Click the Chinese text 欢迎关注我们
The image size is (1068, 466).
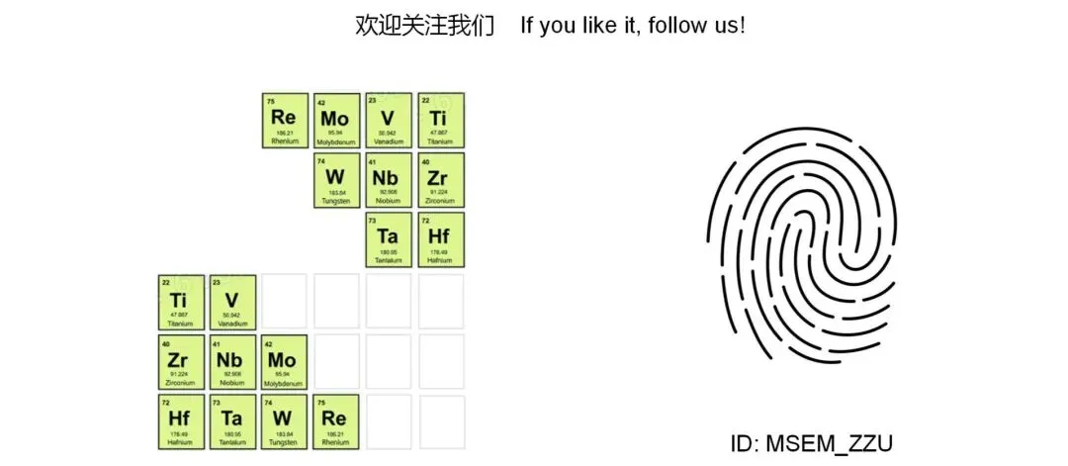point(424,26)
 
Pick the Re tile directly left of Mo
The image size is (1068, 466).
point(285,121)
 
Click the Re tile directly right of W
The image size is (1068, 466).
point(335,420)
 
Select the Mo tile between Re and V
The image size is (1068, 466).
point(336,121)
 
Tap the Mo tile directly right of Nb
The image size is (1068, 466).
point(284,361)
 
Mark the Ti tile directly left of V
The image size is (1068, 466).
point(180,302)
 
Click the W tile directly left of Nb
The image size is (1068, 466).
point(336,180)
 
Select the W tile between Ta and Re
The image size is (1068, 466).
point(284,420)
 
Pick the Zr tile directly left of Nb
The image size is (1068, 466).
point(180,361)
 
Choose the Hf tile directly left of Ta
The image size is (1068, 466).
point(180,420)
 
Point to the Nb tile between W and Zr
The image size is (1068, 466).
point(388,180)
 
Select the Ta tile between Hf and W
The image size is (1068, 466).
point(232,420)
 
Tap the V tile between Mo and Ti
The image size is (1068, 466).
point(388,121)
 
